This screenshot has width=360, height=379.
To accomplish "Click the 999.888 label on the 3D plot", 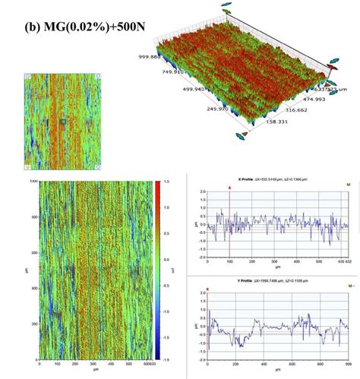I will (152, 56).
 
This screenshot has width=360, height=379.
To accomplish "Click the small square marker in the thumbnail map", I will (64, 121).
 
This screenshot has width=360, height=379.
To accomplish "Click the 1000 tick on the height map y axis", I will (31, 183).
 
